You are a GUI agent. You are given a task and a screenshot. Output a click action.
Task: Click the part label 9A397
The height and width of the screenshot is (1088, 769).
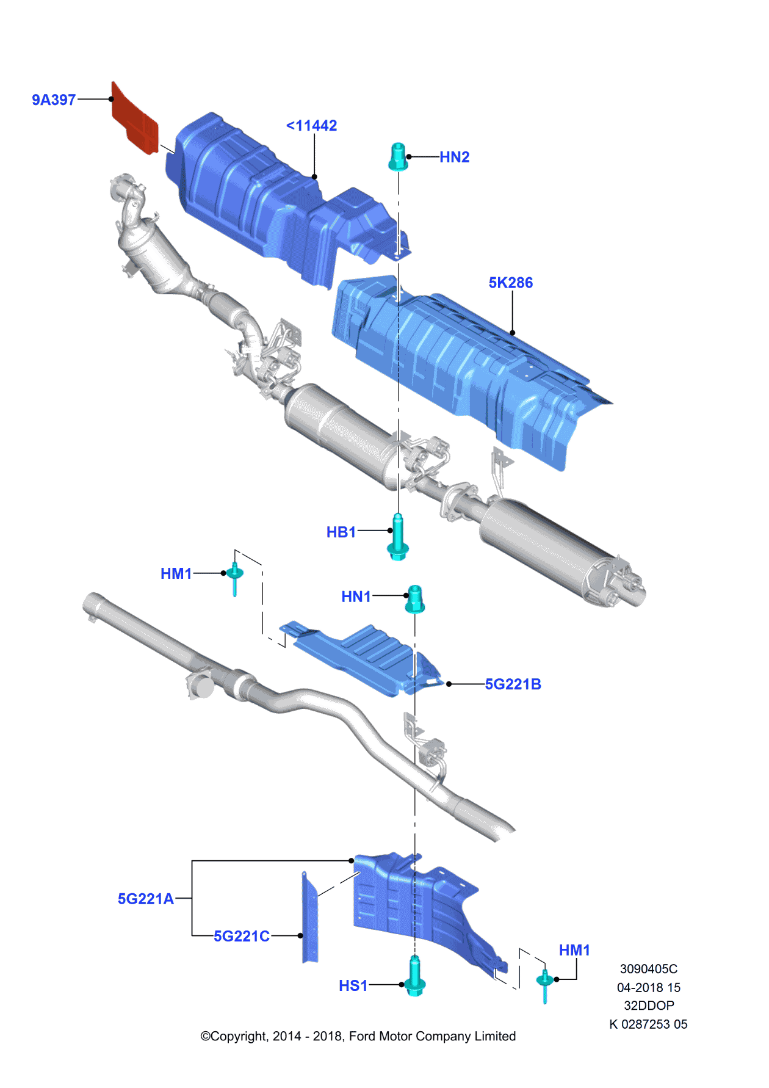tap(54, 100)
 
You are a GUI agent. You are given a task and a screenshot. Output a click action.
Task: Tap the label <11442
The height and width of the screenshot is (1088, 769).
tap(312, 126)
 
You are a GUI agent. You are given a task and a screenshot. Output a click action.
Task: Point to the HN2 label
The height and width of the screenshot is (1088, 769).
tap(455, 157)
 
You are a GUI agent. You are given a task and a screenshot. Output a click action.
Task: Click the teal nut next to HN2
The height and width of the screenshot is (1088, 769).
tap(398, 157)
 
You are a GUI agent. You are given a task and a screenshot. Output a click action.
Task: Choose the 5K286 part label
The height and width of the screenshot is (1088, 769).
tap(511, 283)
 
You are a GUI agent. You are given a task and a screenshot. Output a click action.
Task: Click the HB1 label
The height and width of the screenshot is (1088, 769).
tap(341, 532)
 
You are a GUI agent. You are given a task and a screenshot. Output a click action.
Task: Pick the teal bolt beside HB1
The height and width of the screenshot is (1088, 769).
tap(398, 537)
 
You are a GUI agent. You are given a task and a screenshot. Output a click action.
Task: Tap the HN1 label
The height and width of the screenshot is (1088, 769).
tap(356, 597)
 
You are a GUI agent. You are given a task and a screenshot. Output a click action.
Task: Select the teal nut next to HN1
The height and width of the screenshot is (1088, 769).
tap(415, 599)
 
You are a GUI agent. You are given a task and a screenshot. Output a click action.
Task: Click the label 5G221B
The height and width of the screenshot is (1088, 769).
tap(513, 684)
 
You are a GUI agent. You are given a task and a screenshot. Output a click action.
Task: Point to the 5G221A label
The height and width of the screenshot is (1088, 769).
tap(146, 899)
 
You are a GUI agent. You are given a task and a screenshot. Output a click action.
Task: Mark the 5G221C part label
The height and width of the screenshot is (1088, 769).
tap(242, 936)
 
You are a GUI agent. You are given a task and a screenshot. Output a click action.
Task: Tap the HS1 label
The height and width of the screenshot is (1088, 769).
tap(353, 985)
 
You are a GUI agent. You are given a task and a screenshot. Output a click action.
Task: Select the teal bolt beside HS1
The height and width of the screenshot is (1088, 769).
tap(415, 976)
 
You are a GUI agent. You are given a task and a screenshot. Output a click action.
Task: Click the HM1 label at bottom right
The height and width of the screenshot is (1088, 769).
tap(574, 950)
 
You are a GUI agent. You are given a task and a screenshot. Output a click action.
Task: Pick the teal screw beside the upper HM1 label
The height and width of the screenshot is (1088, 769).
tap(235, 577)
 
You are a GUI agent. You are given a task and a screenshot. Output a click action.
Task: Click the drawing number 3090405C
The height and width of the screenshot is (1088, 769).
tap(649, 969)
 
